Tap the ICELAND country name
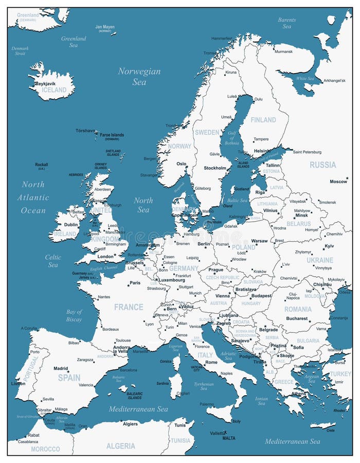(x=54, y=90)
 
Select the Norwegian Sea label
(x=139, y=76)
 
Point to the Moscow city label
(x=338, y=182)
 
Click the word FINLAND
(x=263, y=120)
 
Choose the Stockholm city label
(x=214, y=168)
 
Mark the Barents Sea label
(x=286, y=23)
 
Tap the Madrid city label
(x=61, y=368)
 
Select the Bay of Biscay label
(x=74, y=315)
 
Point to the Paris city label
(x=135, y=283)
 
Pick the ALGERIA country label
(x=121, y=446)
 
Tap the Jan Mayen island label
(x=105, y=27)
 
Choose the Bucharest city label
(x=297, y=318)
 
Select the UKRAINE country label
(x=320, y=260)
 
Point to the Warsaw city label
(x=259, y=241)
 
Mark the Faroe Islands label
(x=112, y=135)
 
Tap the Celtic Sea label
(x=53, y=261)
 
